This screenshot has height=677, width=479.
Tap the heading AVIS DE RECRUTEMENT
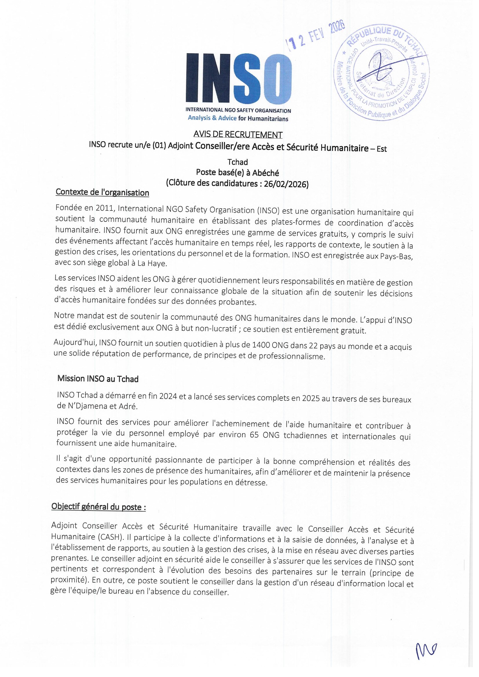point(238,134)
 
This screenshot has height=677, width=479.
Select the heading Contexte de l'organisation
point(102,193)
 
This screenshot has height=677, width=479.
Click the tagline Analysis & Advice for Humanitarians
point(238,118)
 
